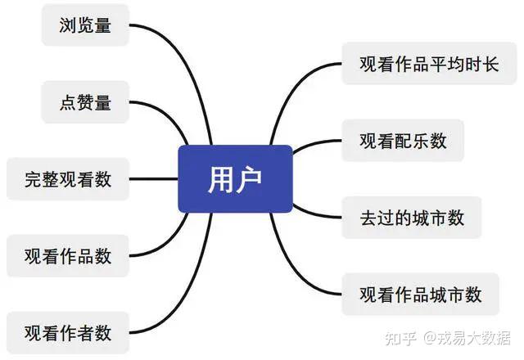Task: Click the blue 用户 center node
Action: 235,178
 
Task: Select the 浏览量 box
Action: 85,25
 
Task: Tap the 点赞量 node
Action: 85,101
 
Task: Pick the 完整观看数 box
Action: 68,179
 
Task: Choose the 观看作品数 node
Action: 68,256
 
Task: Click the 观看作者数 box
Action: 68,333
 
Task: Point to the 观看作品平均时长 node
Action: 429,64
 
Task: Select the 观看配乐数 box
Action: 403,140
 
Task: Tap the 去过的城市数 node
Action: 412,218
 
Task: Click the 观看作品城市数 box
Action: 420,295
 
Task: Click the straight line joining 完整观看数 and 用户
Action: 153,179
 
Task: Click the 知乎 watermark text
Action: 400,338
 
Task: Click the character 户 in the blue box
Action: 249,179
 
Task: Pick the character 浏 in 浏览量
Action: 67,25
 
